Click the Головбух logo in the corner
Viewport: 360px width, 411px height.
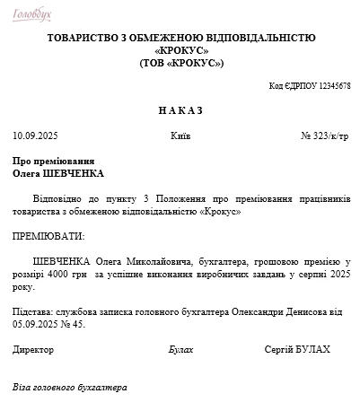31,14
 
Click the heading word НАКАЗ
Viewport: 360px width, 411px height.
181,110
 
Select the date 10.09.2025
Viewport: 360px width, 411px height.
34,136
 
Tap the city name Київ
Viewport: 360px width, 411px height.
180,136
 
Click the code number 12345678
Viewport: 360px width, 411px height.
334,86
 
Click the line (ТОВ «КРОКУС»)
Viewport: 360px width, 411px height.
181,63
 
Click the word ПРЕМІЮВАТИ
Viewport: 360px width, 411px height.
48,236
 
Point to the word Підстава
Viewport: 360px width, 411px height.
31,310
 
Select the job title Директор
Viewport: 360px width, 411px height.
32,348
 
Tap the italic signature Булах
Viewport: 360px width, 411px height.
180,348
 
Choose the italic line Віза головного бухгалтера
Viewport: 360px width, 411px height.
70,387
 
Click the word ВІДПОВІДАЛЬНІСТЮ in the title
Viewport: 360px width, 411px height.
260,38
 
